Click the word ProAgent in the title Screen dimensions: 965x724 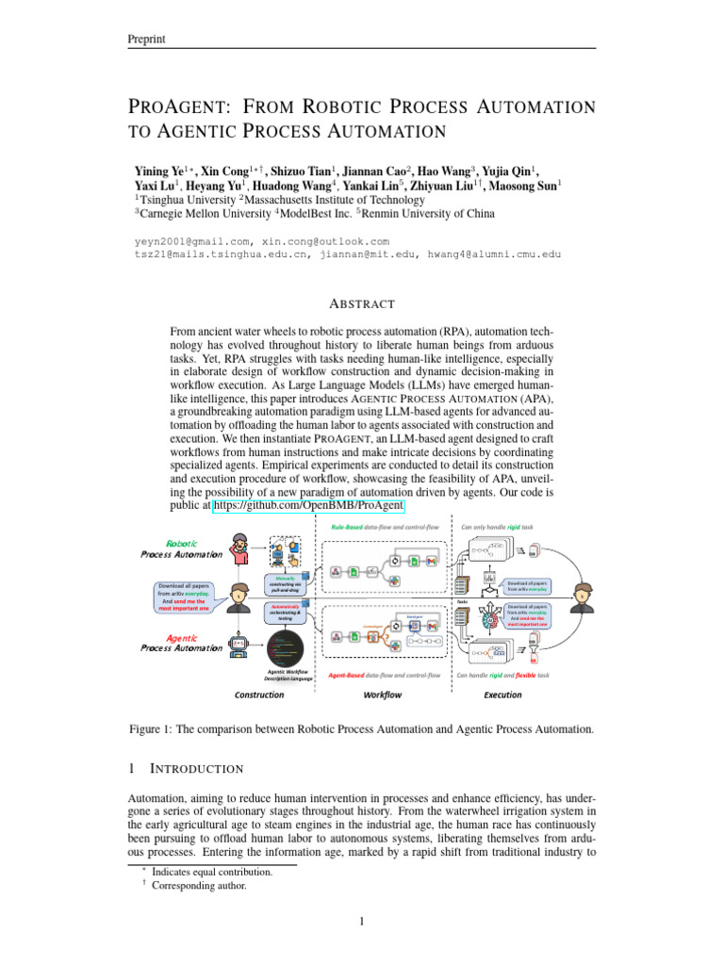(x=182, y=106)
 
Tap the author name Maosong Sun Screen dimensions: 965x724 (x=529, y=186)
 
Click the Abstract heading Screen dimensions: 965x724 (x=361, y=303)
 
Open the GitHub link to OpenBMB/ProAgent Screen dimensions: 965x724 (x=309, y=506)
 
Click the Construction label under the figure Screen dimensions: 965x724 (x=259, y=695)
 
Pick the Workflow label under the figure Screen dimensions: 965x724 (x=382, y=695)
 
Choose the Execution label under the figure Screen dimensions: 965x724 (x=502, y=695)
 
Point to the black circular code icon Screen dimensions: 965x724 (x=285, y=648)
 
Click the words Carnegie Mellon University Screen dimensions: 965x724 (x=187, y=214)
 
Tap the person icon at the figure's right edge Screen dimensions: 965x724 (x=584, y=597)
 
